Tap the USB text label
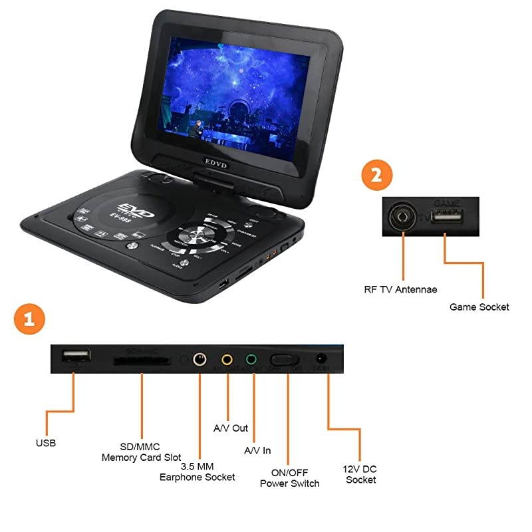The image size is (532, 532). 46,442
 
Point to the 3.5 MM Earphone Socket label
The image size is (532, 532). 198,471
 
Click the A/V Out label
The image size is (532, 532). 230,428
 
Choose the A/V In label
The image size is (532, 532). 257,450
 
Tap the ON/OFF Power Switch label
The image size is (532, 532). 289,477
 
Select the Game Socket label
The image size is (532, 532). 479,307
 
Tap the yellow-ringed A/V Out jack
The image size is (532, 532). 227,360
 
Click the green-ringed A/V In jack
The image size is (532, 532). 251,360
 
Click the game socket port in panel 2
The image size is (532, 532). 444,216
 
